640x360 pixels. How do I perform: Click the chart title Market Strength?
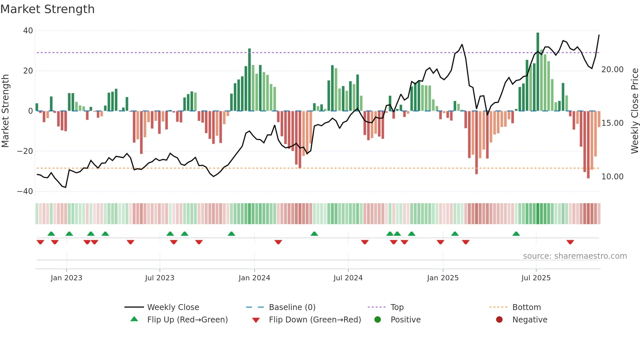coord(47,9)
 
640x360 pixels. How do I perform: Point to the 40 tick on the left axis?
coord(28,31)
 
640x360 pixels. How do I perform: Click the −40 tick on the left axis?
coord(25,191)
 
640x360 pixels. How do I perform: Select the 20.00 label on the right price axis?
coord(613,70)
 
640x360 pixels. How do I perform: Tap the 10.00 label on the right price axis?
coord(613,177)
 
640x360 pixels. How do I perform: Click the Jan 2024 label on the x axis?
coord(254,278)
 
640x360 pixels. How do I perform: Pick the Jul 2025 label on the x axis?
coord(536,278)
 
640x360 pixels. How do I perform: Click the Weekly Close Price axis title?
coord(634,111)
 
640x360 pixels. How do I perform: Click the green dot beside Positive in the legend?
coord(378,320)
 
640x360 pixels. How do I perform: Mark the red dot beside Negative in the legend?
coord(499,320)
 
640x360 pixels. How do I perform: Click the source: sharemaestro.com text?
coord(575,256)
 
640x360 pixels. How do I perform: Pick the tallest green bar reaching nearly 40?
coord(538,72)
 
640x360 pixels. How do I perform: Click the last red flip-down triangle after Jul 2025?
coord(570,242)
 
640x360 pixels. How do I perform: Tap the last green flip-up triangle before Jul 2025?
coord(516,234)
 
